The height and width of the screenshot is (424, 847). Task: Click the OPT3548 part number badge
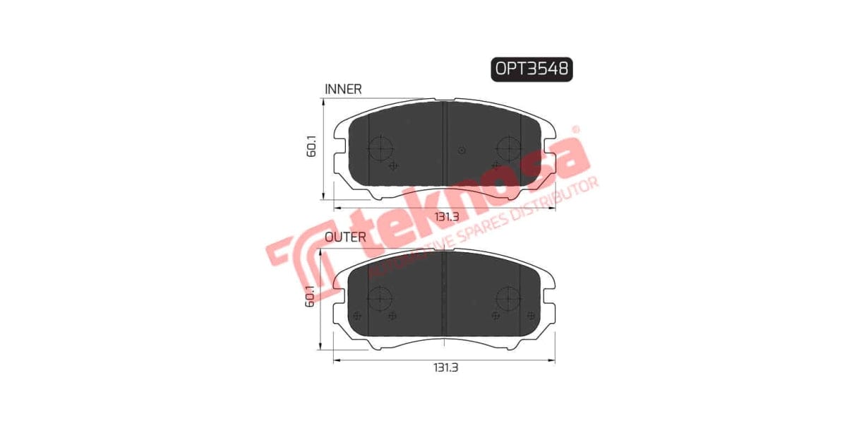[x=531, y=69]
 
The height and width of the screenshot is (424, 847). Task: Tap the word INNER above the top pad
[x=343, y=89]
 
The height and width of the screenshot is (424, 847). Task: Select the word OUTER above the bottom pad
[x=345, y=237]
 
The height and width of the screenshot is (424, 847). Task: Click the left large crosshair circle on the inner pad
[x=381, y=149]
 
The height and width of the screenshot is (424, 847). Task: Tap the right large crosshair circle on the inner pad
[x=507, y=149]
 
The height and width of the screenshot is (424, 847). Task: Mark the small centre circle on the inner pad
[x=461, y=150]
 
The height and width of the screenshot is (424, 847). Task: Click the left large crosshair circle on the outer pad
[x=381, y=298]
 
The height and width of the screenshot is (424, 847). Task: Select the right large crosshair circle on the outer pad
[x=507, y=298]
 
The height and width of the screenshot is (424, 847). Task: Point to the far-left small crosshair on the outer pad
[x=357, y=315]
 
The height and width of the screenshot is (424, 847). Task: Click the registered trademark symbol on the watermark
[x=575, y=130]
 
